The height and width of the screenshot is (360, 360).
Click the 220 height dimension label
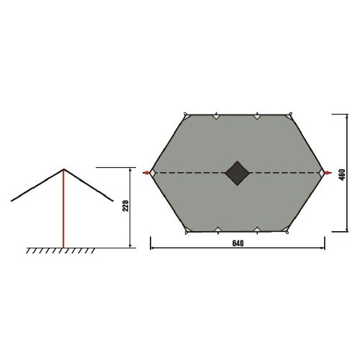tap(126, 206)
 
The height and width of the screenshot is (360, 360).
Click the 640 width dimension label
tap(238, 243)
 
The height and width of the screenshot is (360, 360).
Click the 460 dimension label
tap(343, 174)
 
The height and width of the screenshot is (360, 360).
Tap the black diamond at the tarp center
tap(237, 173)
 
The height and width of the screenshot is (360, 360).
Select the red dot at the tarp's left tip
tap(146, 173)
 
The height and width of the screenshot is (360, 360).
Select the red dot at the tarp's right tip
tap(327, 173)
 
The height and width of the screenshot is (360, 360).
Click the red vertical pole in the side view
tap(63, 209)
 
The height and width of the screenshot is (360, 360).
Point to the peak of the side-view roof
tap(64, 169)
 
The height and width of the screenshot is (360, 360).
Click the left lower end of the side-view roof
tap(12, 201)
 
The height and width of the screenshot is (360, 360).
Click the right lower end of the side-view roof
tap(112, 201)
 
